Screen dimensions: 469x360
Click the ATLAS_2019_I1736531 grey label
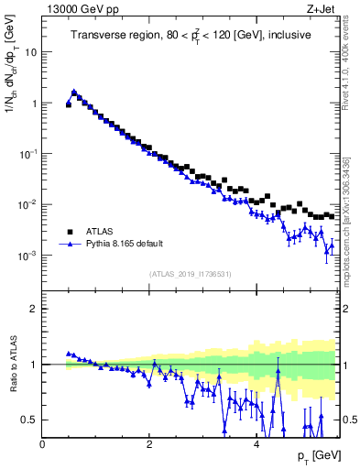click(x=190, y=274)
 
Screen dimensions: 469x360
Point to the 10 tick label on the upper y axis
click(x=32, y=52)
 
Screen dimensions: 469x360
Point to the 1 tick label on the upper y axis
click(x=35, y=104)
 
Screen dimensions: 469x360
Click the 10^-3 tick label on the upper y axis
click(x=29, y=256)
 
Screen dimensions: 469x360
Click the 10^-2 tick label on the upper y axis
click(x=29, y=204)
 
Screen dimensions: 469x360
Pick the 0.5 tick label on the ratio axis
click(x=30, y=420)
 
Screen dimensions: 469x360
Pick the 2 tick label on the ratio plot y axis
click(x=35, y=309)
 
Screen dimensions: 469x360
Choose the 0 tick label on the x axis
click(x=43, y=443)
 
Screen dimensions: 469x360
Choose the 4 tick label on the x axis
click(x=255, y=443)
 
